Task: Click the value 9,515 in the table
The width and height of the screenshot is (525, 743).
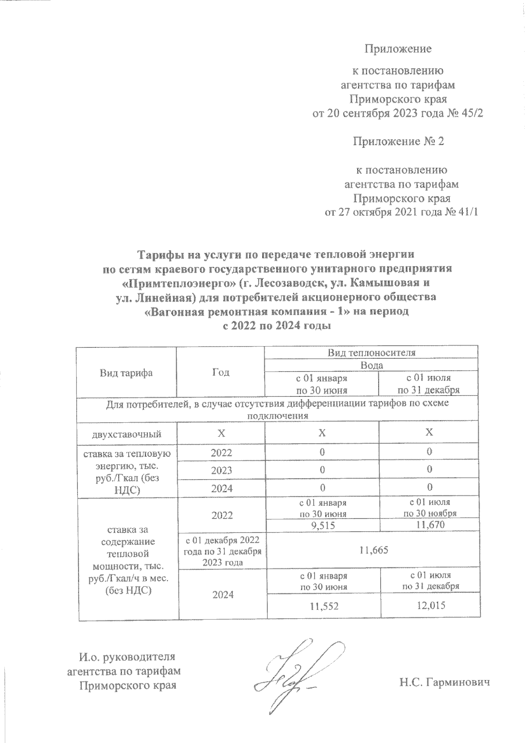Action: (322, 525)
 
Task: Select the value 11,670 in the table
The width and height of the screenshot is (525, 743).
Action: (430, 525)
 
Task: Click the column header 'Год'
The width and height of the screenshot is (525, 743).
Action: (221, 372)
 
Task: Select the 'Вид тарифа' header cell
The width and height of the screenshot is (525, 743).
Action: (126, 373)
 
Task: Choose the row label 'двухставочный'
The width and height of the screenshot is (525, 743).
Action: (126, 434)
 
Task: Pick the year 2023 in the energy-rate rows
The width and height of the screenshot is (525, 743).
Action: (221, 470)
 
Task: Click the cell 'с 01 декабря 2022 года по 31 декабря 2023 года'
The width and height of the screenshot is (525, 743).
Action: (222, 550)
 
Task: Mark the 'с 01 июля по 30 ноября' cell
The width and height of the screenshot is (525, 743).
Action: (430, 508)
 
